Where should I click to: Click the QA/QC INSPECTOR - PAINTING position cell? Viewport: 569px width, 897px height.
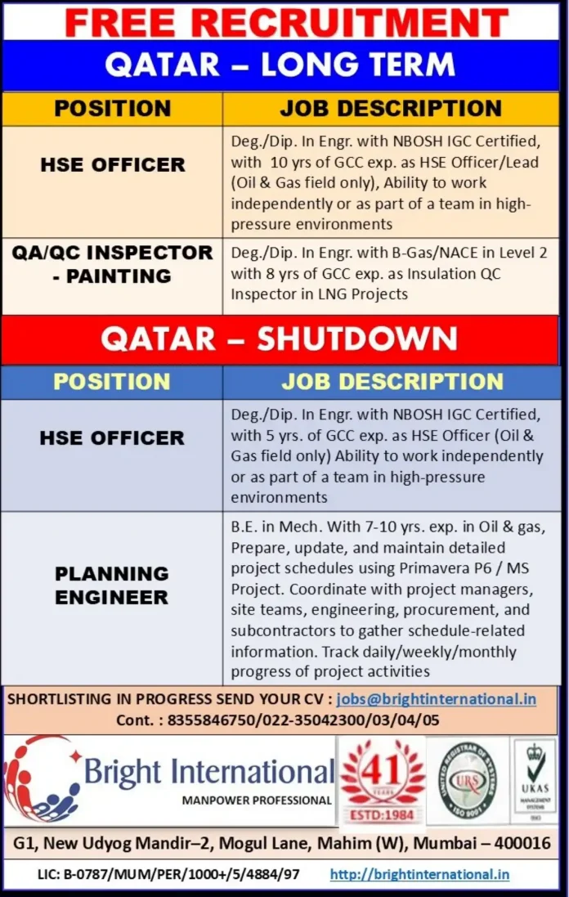pyautogui.click(x=112, y=264)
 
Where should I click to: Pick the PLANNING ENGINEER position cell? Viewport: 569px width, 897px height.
pyautogui.click(x=112, y=585)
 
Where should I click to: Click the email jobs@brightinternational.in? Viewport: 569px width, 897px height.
pyautogui.click(x=436, y=699)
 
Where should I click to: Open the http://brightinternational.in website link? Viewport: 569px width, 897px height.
pyautogui.click(x=419, y=874)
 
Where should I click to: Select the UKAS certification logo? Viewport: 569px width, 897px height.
pyautogui.click(x=535, y=778)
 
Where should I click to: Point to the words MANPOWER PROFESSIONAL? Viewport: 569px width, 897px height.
pyautogui.click(x=257, y=800)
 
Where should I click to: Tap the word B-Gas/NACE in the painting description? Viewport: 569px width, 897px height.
pyautogui.click(x=438, y=253)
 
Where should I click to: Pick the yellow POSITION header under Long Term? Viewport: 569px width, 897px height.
pyautogui.click(x=112, y=109)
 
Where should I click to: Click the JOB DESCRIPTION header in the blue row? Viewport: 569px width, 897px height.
pyautogui.click(x=392, y=382)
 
